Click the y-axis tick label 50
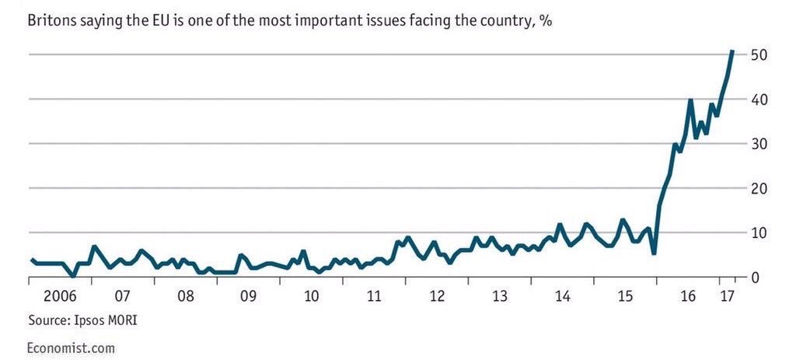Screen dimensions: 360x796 point(759,55)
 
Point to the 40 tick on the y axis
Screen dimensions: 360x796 point(759,100)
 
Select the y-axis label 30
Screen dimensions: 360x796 point(759,144)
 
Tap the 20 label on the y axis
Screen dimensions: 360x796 point(759,189)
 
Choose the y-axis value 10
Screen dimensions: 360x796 point(759,233)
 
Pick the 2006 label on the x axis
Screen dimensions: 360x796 point(59,296)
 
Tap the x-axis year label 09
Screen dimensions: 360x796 point(248,296)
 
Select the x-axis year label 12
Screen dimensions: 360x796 point(437,296)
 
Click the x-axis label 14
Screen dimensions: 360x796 point(563,296)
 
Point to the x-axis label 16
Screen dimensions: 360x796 point(688,296)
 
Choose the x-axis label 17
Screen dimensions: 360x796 point(727,296)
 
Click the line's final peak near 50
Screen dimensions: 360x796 point(732,52)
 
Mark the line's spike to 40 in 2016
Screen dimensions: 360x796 point(690,100)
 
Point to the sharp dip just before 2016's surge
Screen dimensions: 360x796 point(655,253)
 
